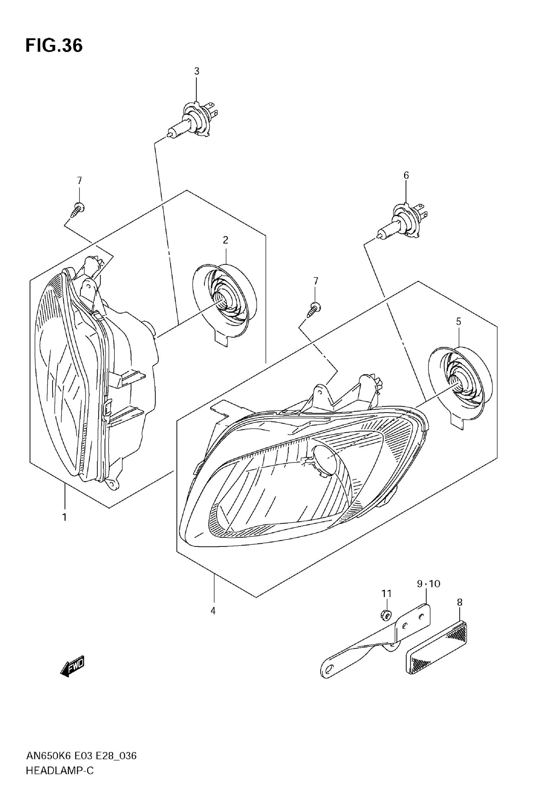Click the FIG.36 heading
coord(54,46)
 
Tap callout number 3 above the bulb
coord(196,71)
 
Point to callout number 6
coord(406,176)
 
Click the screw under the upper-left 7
coord(78,210)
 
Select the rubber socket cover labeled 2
coord(224,301)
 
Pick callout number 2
coord(226,240)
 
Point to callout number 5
coord(459,321)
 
